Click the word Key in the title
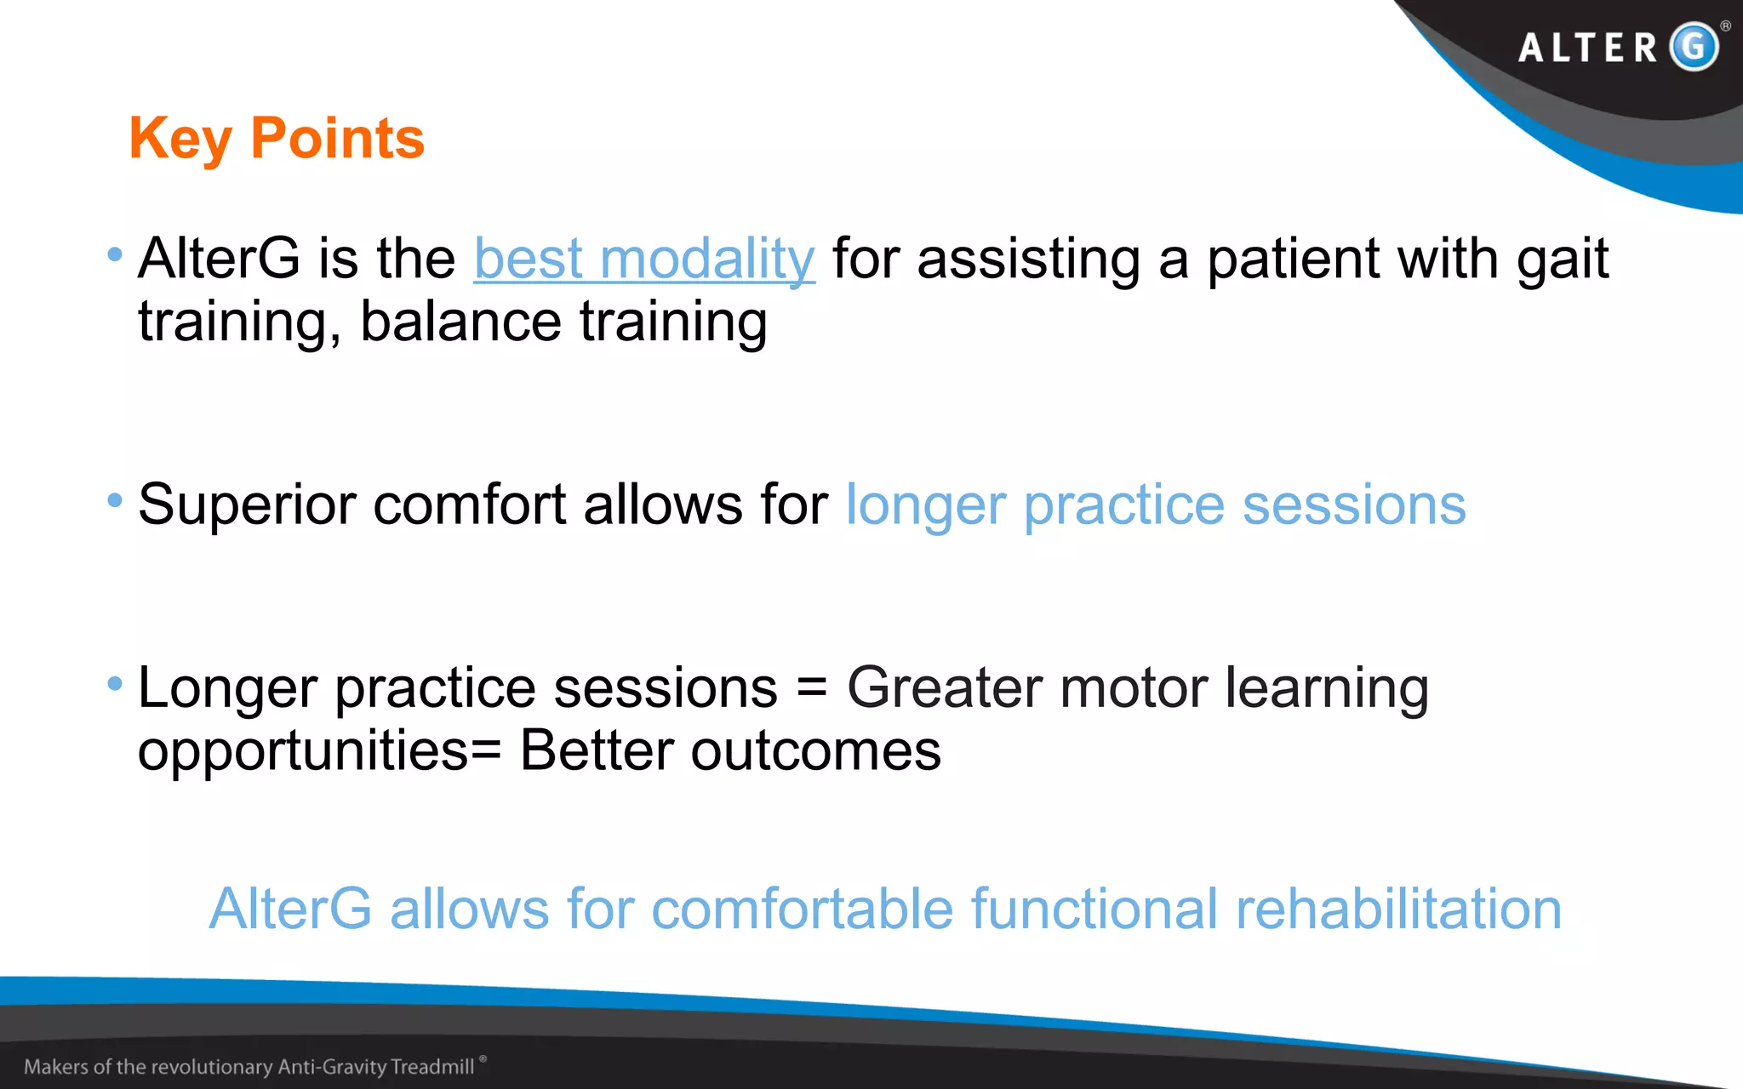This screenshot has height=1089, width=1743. [180, 139]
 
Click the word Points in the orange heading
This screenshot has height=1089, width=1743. [337, 139]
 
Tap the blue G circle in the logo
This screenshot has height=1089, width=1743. [1694, 46]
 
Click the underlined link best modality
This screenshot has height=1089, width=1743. [644, 259]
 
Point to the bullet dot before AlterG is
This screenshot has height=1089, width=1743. [115, 254]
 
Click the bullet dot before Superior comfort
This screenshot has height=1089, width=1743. [115, 500]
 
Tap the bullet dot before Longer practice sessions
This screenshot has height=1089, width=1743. [115, 683]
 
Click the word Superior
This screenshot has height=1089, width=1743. [247, 505]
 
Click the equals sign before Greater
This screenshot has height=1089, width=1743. [812, 687]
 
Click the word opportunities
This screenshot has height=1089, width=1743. [303, 752]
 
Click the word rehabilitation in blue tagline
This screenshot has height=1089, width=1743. [1398, 909]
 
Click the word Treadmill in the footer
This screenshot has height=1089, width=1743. [432, 1067]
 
